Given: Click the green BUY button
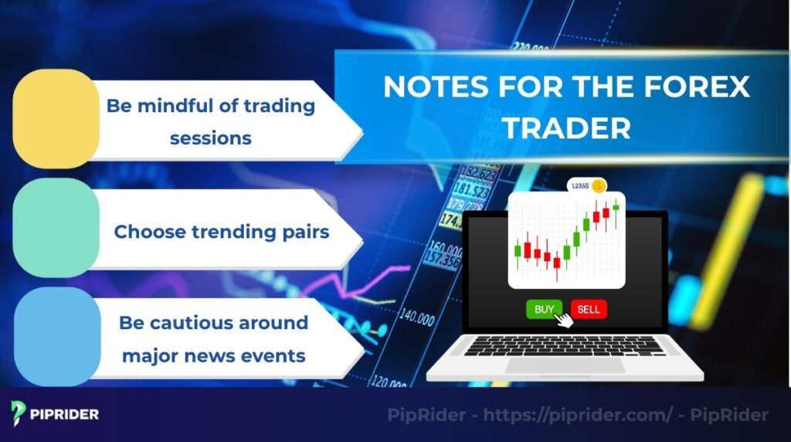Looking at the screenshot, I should tap(544, 309).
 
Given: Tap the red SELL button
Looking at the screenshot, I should tap(589, 309).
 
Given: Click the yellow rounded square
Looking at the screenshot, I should tap(56, 118).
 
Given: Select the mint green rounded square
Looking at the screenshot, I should tap(56, 228).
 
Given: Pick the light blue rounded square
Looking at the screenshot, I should tap(56, 337).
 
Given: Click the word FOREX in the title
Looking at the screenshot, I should tap(694, 87).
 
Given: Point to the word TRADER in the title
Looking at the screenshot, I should tap(566, 128).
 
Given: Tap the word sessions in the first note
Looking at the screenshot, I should tap(211, 138).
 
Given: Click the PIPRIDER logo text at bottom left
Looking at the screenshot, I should tap(65, 414).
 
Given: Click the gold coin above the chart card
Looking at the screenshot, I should tap(598, 185).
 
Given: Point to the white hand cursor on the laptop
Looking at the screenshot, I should tap(565, 318).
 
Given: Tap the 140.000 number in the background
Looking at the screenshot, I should tap(416, 318).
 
